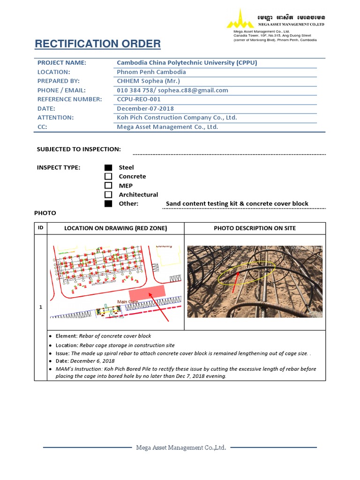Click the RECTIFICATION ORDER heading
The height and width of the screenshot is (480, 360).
tap(97, 44)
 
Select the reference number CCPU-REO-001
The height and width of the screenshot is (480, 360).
tap(139, 99)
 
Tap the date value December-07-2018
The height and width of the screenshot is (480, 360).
tap(145, 108)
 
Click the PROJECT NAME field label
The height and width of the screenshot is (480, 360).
tap(62, 63)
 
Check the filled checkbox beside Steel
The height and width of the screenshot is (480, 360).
tap(108, 167)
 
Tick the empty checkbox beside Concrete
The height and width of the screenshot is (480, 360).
tap(108, 176)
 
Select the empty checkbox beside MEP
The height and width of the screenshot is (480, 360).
tap(108, 186)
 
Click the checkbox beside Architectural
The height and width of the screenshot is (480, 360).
tap(108, 195)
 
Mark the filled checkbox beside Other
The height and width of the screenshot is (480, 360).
tap(108, 203)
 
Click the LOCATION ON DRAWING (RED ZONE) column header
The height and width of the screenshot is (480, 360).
tap(115, 228)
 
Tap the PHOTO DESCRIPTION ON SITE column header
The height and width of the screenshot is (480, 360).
tap(255, 228)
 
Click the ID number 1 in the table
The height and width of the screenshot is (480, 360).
tap(41, 307)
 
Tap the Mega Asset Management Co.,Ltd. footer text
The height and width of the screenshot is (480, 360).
tap(181, 448)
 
